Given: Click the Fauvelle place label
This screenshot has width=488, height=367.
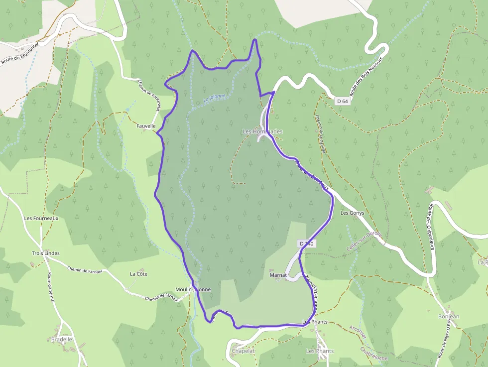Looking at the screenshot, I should point(146,126).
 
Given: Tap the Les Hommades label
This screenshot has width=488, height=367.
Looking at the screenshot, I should point(262,131).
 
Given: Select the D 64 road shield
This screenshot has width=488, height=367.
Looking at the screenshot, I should point(342,101).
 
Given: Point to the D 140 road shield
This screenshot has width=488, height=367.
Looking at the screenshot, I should point(307,244).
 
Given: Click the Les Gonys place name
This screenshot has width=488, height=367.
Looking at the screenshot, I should point(352,213).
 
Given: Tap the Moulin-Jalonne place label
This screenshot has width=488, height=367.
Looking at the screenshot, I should point(193,289).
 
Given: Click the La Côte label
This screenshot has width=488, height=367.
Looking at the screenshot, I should point(138,274).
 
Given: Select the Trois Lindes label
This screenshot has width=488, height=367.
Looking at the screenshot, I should point(45,253).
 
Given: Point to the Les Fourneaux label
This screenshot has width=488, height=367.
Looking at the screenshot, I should point(41,218).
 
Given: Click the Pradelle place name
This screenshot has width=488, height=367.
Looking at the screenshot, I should point(62,339).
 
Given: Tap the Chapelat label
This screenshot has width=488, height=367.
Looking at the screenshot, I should point(243,351).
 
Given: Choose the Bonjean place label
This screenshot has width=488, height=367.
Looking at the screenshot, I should point(449,316).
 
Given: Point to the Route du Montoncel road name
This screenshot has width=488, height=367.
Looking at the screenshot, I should point(20,51).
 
